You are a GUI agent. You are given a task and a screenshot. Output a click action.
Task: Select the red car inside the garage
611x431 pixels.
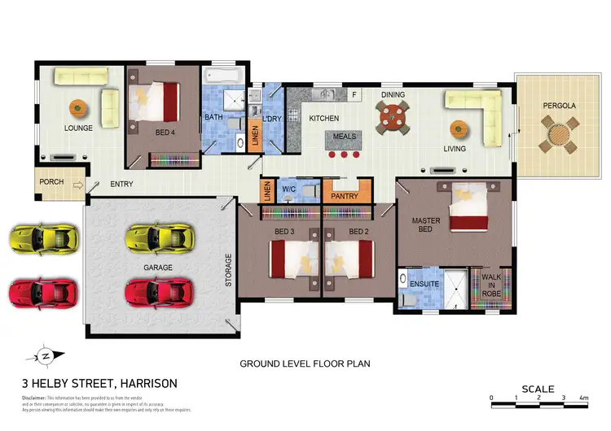click(x=160, y=290)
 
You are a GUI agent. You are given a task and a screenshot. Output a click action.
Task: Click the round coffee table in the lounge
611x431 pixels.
click(x=77, y=107)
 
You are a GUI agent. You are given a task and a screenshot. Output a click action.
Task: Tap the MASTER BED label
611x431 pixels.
click(x=426, y=224)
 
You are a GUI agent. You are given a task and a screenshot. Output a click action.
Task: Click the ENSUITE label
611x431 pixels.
click(x=424, y=284)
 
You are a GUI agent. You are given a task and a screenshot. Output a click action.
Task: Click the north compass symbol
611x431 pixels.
click(x=46, y=355)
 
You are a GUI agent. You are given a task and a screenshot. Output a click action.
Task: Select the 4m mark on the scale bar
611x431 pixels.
click(x=583, y=398)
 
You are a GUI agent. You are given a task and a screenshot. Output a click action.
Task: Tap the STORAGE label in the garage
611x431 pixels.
click(x=228, y=270)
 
